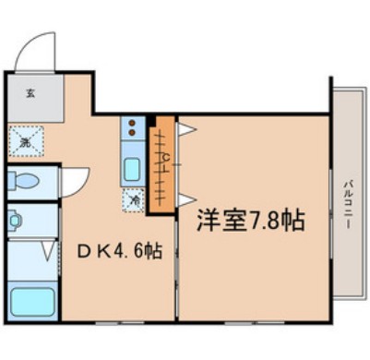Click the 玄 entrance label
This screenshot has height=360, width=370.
tap(30, 92)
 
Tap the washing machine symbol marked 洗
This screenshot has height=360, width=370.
tap(25, 141)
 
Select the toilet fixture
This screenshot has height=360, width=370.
tap(24, 180)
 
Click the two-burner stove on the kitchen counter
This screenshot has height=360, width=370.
tap(133, 127)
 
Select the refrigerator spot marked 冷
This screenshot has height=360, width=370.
tap(134, 198)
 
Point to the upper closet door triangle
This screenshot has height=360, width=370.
tap(185, 131)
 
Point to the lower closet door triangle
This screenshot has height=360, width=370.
tap(185, 198)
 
